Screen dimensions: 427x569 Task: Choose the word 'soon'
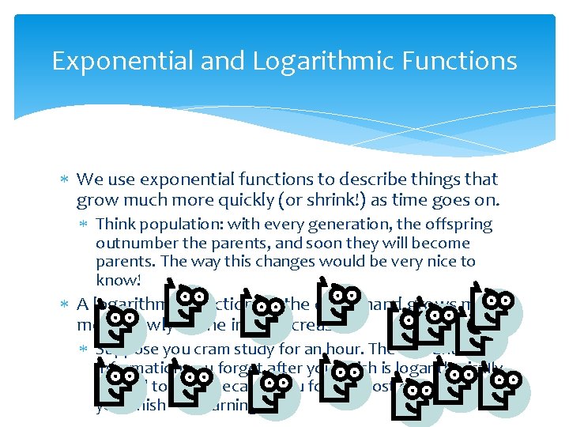[x=297, y=243]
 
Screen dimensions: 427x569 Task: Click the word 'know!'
[x=117, y=279]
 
